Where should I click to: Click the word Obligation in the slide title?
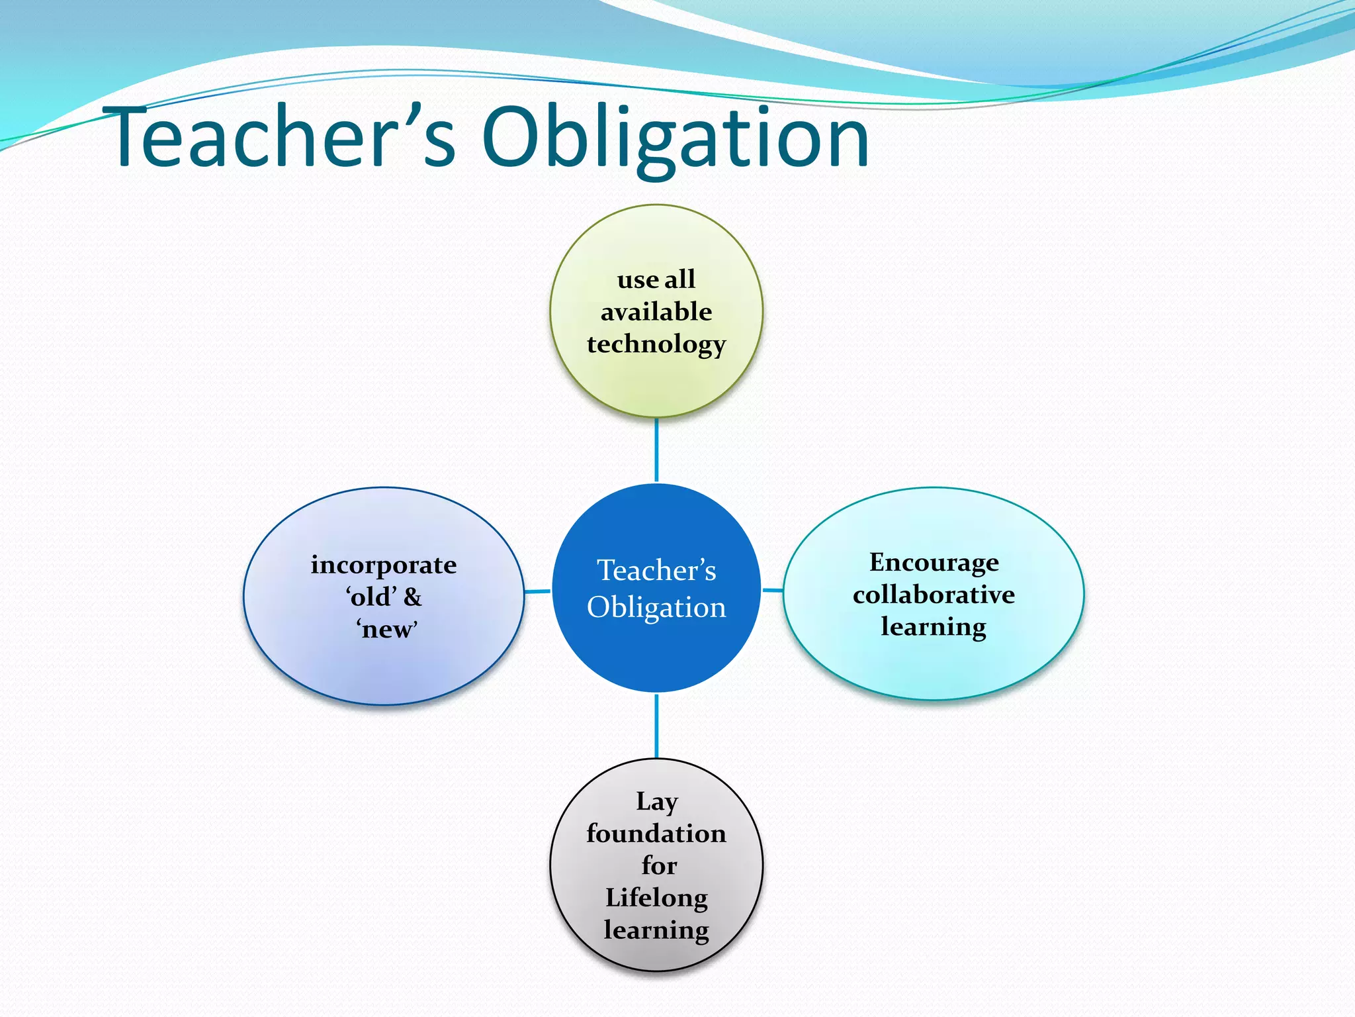[x=675, y=139]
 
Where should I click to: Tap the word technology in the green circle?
[x=656, y=344]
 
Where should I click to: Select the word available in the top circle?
[x=656, y=312]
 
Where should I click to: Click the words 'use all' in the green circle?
[x=656, y=279]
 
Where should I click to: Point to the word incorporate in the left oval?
[x=384, y=565]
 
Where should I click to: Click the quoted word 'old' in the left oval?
[x=371, y=597]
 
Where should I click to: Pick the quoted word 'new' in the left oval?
[x=387, y=629]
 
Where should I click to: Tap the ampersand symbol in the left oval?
[x=413, y=597]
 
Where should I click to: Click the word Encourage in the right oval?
[x=934, y=563]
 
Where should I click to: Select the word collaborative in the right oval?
[x=934, y=595]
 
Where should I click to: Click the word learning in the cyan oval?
[x=934, y=626]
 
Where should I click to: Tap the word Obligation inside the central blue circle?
[x=656, y=608]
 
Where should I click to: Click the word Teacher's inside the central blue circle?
[x=656, y=571]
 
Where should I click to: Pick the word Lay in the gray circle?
[x=657, y=802]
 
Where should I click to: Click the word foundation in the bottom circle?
[x=656, y=834]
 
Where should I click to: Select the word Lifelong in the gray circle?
[x=656, y=898]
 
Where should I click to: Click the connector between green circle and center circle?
[x=656, y=450]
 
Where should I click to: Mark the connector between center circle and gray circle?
[x=656, y=726]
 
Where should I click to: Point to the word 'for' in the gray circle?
[x=659, y=865]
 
